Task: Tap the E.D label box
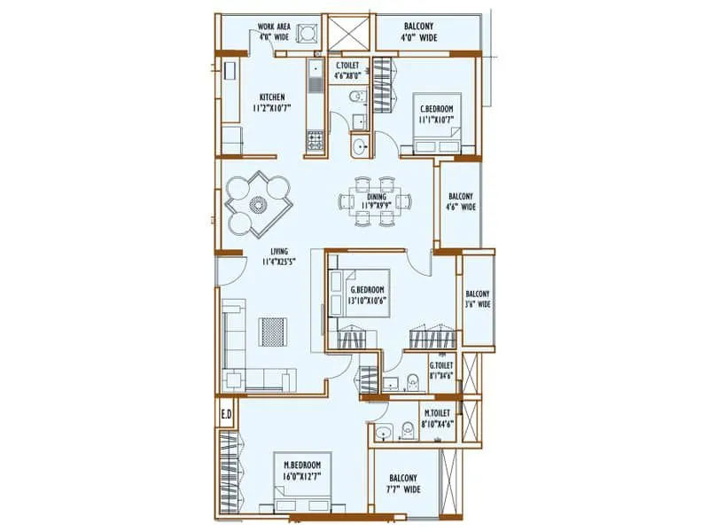(226, 414)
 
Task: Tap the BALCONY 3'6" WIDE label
(477, 300)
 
